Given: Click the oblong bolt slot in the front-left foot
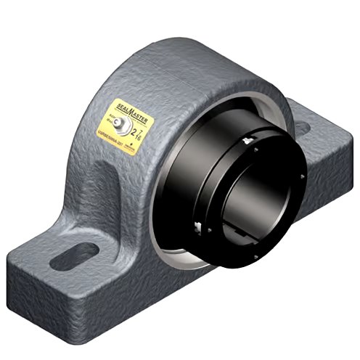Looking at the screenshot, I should (x=75, y=253).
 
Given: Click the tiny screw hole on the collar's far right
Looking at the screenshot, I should (x=298, y=174).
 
